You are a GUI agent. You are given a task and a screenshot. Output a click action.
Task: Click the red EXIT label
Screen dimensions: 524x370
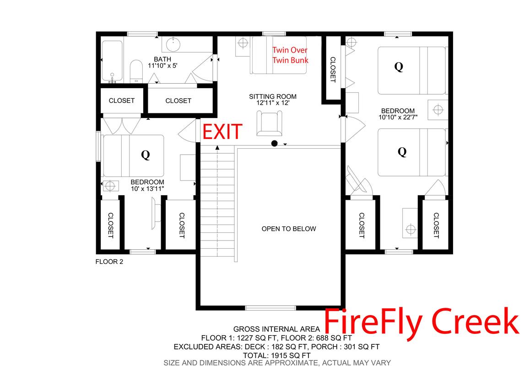pos(222,132)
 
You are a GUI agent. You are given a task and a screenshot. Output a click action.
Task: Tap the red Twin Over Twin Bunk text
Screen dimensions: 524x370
pos(290,55)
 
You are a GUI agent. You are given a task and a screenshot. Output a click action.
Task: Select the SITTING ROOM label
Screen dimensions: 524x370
pos(273,97)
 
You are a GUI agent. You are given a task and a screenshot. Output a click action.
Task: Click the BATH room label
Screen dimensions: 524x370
pos(162,59)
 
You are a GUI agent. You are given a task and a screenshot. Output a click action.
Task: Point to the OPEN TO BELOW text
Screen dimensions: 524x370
pos(289,229)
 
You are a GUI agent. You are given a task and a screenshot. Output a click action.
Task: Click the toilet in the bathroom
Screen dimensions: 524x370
pos(136,71)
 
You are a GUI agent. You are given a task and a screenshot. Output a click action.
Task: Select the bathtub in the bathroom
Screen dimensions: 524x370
pos(112,61)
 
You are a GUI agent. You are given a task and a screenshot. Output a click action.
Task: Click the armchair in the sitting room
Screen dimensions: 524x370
pos(270,123)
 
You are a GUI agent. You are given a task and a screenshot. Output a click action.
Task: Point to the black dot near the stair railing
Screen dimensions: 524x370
pos(275,144)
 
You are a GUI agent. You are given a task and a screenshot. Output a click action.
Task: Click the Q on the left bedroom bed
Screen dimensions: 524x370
pos(146,155)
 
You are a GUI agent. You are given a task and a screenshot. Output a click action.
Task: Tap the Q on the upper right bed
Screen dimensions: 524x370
pos(399,67)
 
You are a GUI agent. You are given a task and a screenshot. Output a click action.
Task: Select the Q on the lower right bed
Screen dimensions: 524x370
pos(402,152)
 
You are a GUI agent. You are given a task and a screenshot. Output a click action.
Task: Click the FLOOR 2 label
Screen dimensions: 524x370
pos(109,262)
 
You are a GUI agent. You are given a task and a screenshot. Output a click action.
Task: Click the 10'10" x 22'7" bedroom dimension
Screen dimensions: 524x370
pos(398,117)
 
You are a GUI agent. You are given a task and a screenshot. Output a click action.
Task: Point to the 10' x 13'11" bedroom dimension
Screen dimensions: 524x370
pos(147,189)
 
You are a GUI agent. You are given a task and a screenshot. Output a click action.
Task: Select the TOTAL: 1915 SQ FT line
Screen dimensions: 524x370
pos(277,356)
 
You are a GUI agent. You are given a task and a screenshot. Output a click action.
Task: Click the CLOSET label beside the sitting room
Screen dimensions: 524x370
pos(333,70)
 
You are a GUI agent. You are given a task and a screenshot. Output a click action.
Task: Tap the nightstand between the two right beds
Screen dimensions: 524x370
pos(438,109)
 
